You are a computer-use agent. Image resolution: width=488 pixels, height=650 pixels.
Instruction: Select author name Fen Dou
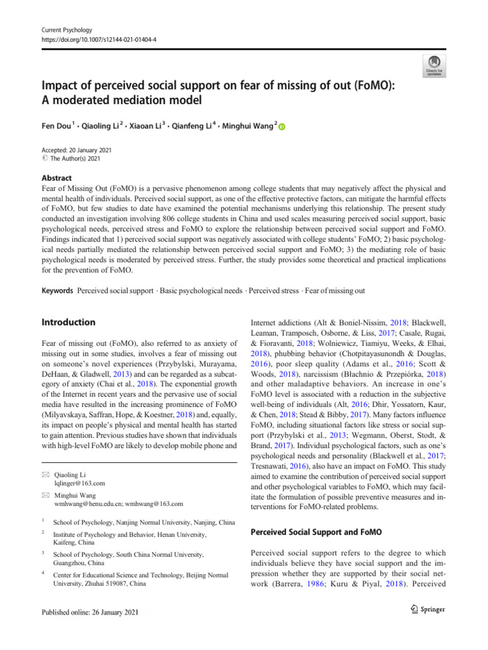click(x=57, y=126)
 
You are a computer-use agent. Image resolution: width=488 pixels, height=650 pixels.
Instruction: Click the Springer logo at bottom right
click(x=419, y=609)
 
